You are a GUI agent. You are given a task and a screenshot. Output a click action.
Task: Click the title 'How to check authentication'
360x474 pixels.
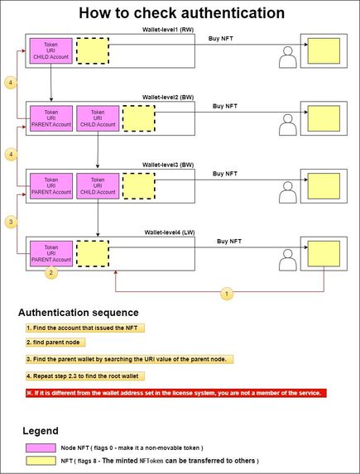click(181, 13)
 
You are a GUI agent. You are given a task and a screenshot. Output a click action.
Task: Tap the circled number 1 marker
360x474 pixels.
click(227, 293)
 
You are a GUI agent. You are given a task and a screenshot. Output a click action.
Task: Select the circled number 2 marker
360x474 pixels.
click(51, 273)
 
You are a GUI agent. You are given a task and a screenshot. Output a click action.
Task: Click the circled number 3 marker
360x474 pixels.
click(11, 222)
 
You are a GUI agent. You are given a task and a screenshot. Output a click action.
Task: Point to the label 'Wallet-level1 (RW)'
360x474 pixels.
click(168, 30)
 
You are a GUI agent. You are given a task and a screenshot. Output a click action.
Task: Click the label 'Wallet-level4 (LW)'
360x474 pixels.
click(170, 232)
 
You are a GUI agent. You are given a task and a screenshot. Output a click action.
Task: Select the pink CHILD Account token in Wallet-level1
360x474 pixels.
click(50, 50)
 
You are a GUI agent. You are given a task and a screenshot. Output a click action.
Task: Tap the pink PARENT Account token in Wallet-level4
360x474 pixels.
click(51, 254)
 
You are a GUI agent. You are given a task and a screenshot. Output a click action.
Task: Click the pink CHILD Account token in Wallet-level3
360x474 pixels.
click(98, 186)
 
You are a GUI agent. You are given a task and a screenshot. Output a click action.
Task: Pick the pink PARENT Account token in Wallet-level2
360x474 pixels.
click(51, 118)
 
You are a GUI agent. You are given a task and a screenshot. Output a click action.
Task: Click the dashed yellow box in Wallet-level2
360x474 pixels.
click(139, 118)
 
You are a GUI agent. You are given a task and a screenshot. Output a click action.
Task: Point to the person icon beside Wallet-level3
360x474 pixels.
click(288, 192)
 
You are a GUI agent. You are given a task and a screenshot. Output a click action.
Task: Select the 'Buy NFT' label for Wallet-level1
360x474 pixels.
click(220, 38)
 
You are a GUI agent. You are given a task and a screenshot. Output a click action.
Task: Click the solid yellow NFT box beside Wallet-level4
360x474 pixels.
click(324, 254)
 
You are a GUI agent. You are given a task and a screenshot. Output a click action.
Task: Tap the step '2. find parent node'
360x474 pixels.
click(55, 342)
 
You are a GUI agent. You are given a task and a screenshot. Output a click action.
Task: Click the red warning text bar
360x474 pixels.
click(176, 393)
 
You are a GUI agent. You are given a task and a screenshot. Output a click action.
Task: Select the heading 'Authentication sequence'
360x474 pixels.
click(79, 313)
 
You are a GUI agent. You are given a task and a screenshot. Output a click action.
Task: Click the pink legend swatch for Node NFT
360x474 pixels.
click(41, 448)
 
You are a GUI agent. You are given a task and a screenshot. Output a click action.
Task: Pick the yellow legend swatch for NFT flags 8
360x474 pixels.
click(41, 461)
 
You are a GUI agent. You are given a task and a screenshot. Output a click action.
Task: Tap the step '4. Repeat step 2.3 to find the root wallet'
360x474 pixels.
click(85, 376)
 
